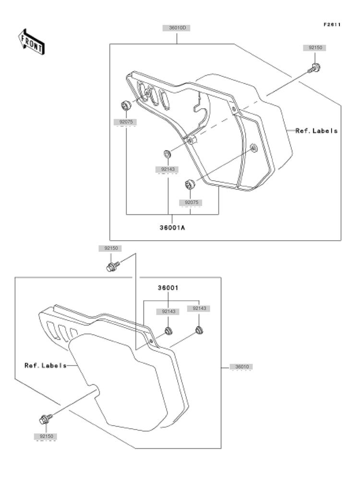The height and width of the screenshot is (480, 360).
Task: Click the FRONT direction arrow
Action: [x=31, y=42]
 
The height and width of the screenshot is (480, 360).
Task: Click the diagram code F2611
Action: [x=332, y=25]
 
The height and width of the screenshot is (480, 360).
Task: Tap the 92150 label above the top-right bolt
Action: [x=315, y=48]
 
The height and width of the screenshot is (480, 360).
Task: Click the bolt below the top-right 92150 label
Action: [x=314, y=68]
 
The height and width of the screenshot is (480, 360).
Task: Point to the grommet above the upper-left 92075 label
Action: [x=126, y=105]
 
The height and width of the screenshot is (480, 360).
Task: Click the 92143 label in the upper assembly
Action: [x=168, y=169]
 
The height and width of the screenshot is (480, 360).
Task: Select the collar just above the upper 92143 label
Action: [x=168, y=154]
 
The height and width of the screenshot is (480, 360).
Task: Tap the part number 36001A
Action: [x=172, y=228]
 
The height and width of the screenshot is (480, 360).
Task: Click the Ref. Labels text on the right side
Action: [x=317, y=131]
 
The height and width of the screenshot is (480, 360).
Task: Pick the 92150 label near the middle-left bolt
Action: [x=111, y=248]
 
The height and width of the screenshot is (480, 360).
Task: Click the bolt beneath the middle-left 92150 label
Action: [x=112, y=266]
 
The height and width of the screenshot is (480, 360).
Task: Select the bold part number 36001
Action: [x=168, y=288]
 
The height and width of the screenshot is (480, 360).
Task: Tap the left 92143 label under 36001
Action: [x=168, y=311]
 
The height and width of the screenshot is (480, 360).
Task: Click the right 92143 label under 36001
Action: [x=199, y=308]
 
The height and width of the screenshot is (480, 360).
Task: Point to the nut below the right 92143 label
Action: [x=199, y=330]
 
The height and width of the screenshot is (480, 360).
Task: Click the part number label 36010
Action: [x=242, y=367]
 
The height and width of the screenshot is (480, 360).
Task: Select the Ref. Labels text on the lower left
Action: [x=46, y=366]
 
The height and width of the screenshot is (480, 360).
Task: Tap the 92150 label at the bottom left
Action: [x=46, y=436]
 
